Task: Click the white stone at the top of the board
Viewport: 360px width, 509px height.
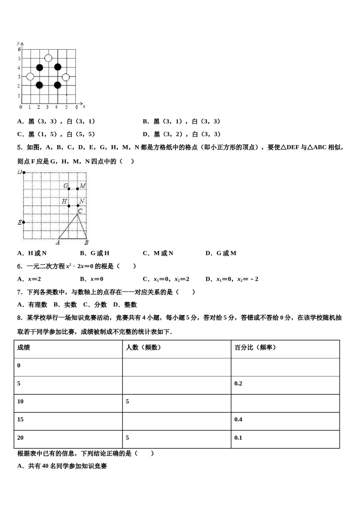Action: (x=48, y=58)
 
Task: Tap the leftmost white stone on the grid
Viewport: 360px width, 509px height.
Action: (x=30, y=77)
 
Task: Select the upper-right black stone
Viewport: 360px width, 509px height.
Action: (x=58, y=67)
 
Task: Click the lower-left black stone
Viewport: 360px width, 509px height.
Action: (x=39, y=85)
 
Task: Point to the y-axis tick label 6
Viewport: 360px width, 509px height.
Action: (x=19, y=49)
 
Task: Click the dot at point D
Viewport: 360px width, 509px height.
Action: (x=24, y=173)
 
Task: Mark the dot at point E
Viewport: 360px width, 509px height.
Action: (x=23, y=222)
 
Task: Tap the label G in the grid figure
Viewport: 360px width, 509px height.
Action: (x=66, y=186)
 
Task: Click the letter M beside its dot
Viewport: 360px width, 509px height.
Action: (x=83, y=186)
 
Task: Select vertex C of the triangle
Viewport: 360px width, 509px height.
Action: (x=78, y=214)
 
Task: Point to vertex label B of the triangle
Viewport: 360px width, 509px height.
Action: (x=86, y=242)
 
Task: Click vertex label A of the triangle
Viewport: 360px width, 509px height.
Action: (x=58, y=242)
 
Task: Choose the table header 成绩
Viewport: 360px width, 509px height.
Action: (x=23, y=347)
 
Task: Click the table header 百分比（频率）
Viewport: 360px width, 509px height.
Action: (x=255, y=347)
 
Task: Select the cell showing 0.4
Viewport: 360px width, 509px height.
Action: (x=238, y=419)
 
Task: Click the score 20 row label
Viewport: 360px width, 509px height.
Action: (x=20, y=437)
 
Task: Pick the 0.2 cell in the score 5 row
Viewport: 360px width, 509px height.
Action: (x=238, y=383)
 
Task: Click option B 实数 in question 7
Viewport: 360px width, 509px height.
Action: (x=65, y=304)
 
